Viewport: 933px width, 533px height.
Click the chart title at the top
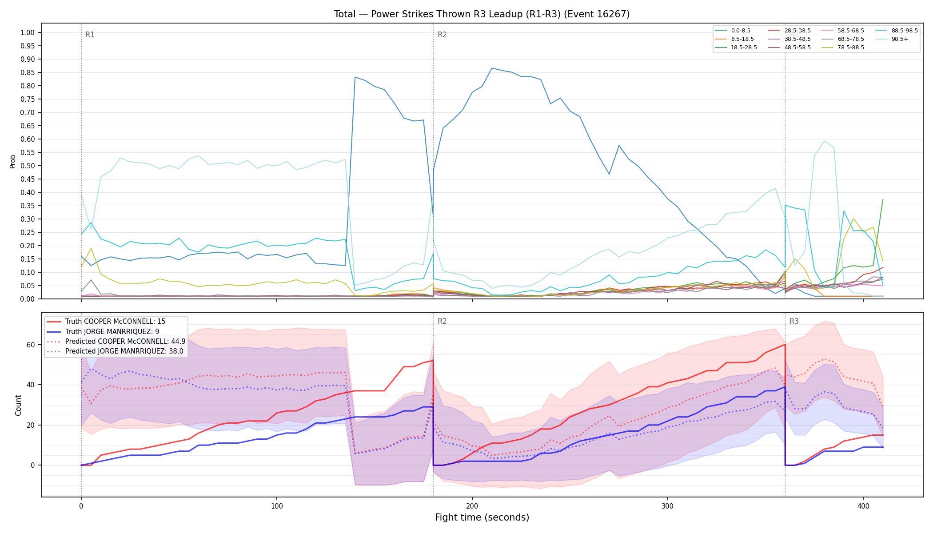tap(482, 14)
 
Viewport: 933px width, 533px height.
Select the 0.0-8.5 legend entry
tap(733, 31)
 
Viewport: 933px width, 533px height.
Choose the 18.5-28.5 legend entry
tap(736, 48)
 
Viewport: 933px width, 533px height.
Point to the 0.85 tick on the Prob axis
tap(28, 72)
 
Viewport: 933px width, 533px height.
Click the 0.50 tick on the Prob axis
tap(28, 166)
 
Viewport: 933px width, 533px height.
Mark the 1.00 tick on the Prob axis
tap(28, 32)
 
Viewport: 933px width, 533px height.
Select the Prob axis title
tap(13, 161)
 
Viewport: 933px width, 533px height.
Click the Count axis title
tap(18, 405)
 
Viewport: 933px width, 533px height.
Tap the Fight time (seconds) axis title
tap(482, 517)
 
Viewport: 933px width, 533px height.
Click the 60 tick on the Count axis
tap(31, 345)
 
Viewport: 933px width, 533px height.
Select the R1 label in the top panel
tap(90, 35)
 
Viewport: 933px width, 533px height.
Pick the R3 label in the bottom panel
tap(794, 321)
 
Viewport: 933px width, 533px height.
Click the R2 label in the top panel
tap(442, 35)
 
